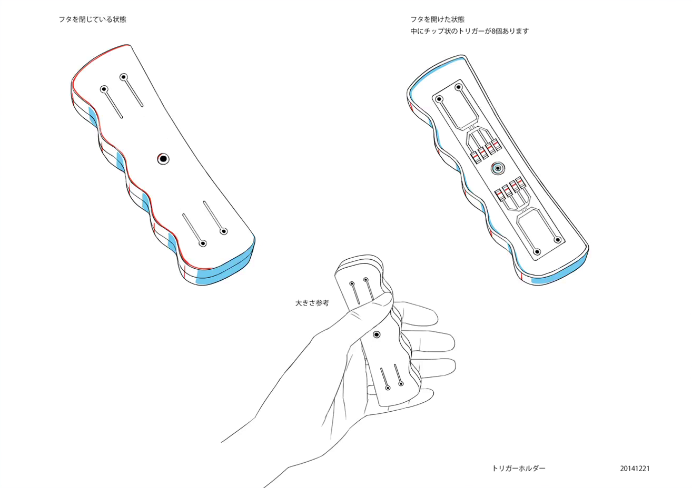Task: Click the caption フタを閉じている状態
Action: (93, 19)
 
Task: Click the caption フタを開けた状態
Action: (438, 19)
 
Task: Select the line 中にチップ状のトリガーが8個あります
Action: (470, 31)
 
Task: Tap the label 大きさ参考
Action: (312, 303)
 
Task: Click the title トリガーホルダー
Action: (519, 468)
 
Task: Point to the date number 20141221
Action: (635, 468)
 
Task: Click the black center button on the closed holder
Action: (163, 158)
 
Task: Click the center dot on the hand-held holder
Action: (377, 334)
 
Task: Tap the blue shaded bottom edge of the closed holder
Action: (226, 271)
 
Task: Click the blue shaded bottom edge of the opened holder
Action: (558, 273)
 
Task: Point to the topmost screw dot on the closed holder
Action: (124, 77)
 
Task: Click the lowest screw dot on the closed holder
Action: (203, 243)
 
